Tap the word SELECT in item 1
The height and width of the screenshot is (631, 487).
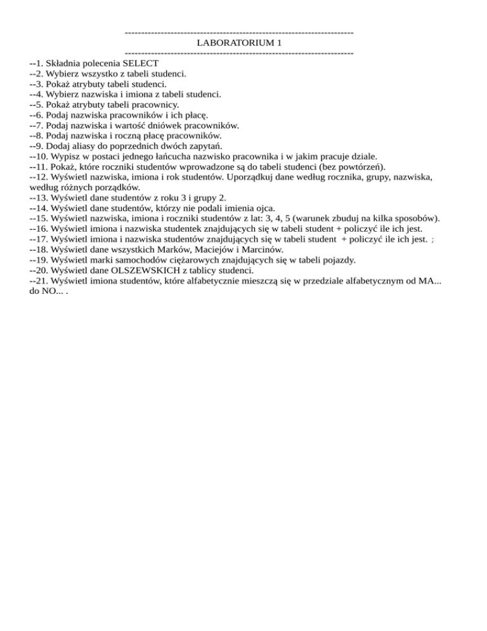coord(141,63)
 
